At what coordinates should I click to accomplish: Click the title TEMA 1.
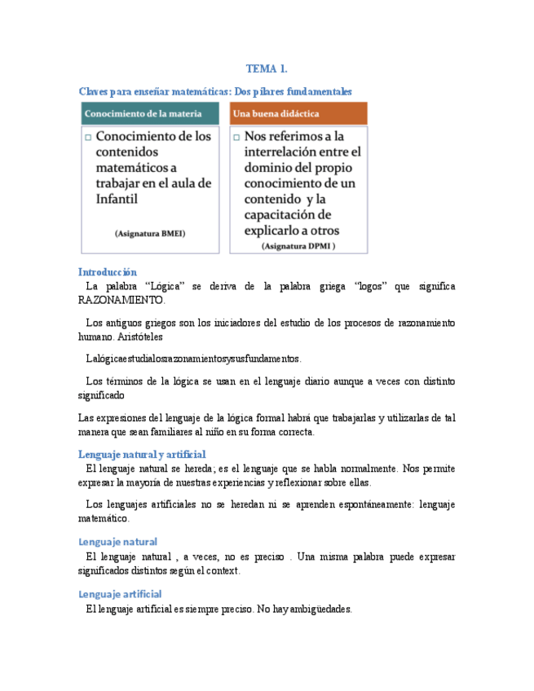(x=267, y=69)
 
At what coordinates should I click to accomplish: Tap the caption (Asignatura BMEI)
(x=150, y=233)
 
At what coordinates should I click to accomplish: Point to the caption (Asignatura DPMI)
(x=298, y=245)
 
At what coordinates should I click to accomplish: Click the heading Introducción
(x=107, y=272)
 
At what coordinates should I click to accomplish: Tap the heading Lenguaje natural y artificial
(x=142, y=454)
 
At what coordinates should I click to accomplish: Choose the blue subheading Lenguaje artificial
(x=120, y=594)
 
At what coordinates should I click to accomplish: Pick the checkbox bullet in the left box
(x=87, y=138)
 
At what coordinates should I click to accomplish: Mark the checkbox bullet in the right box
(x=236, y=138)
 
